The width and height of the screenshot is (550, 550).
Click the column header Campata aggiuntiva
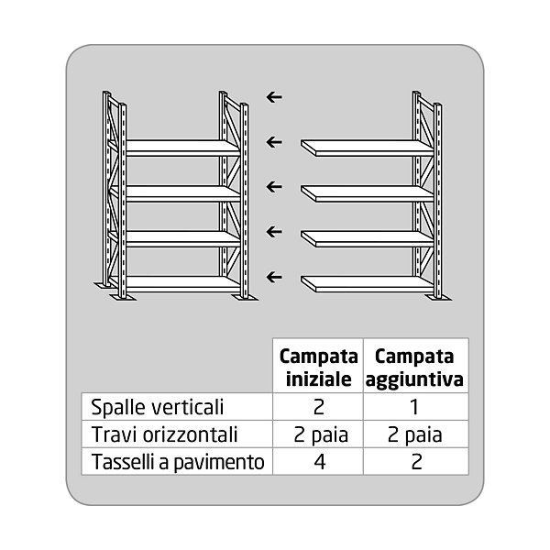(x=415, y=367)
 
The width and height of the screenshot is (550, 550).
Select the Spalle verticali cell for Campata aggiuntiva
(x=415, y=406)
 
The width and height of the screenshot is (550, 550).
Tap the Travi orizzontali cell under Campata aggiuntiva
(x=415, y=434)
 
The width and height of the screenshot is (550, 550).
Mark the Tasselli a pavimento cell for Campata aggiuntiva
(x=415, y=462)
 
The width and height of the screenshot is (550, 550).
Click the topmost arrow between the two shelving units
(x=273, y=96)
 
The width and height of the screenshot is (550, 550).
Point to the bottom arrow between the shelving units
(x=273, y=276)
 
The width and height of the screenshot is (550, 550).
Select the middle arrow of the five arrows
(x=273, y=186)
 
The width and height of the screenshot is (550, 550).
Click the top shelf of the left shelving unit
(x=179, y=146)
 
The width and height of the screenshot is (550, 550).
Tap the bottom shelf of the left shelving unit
(x=179, y=282)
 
